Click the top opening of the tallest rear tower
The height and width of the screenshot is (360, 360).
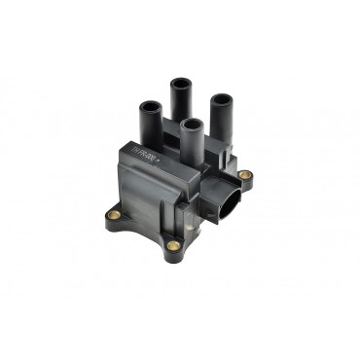(x=181, y=82)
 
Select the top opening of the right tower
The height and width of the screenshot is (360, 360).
(x=221, y=99)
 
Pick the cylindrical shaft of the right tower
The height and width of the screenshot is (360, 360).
(x=221, y=121)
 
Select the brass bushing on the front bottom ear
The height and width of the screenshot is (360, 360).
(x=173, y=245)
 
